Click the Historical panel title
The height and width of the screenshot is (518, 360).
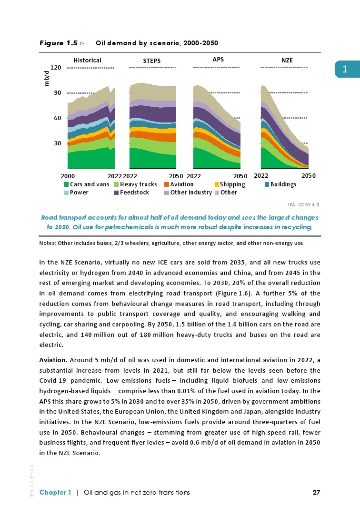tap(87, 60)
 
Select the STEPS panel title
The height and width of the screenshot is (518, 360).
tap(152, 61)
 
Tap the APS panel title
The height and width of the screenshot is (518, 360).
tap(218, 59)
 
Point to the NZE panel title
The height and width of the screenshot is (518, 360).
tap(287, 60)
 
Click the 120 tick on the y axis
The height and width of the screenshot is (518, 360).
tap(55, 68)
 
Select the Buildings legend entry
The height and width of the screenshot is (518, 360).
tap(280, 184)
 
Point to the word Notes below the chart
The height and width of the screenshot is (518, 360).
tap(47, 243)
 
